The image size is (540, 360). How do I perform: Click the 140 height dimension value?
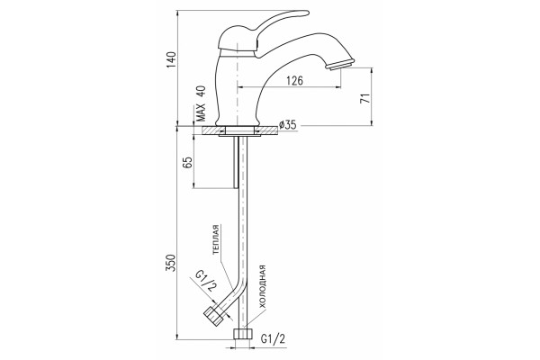(172, 59)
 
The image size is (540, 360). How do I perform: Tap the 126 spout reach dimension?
(295, 81)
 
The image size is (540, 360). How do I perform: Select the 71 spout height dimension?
(364, 98)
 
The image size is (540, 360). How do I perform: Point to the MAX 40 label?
(201, 103)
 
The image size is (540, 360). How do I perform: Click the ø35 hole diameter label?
(288, 124)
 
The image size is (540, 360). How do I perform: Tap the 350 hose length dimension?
(171, 263)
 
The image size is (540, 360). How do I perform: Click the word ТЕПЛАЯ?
(216, 239)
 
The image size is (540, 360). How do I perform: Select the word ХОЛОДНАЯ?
(263, 286)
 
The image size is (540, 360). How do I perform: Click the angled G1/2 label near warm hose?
(205, 281)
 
